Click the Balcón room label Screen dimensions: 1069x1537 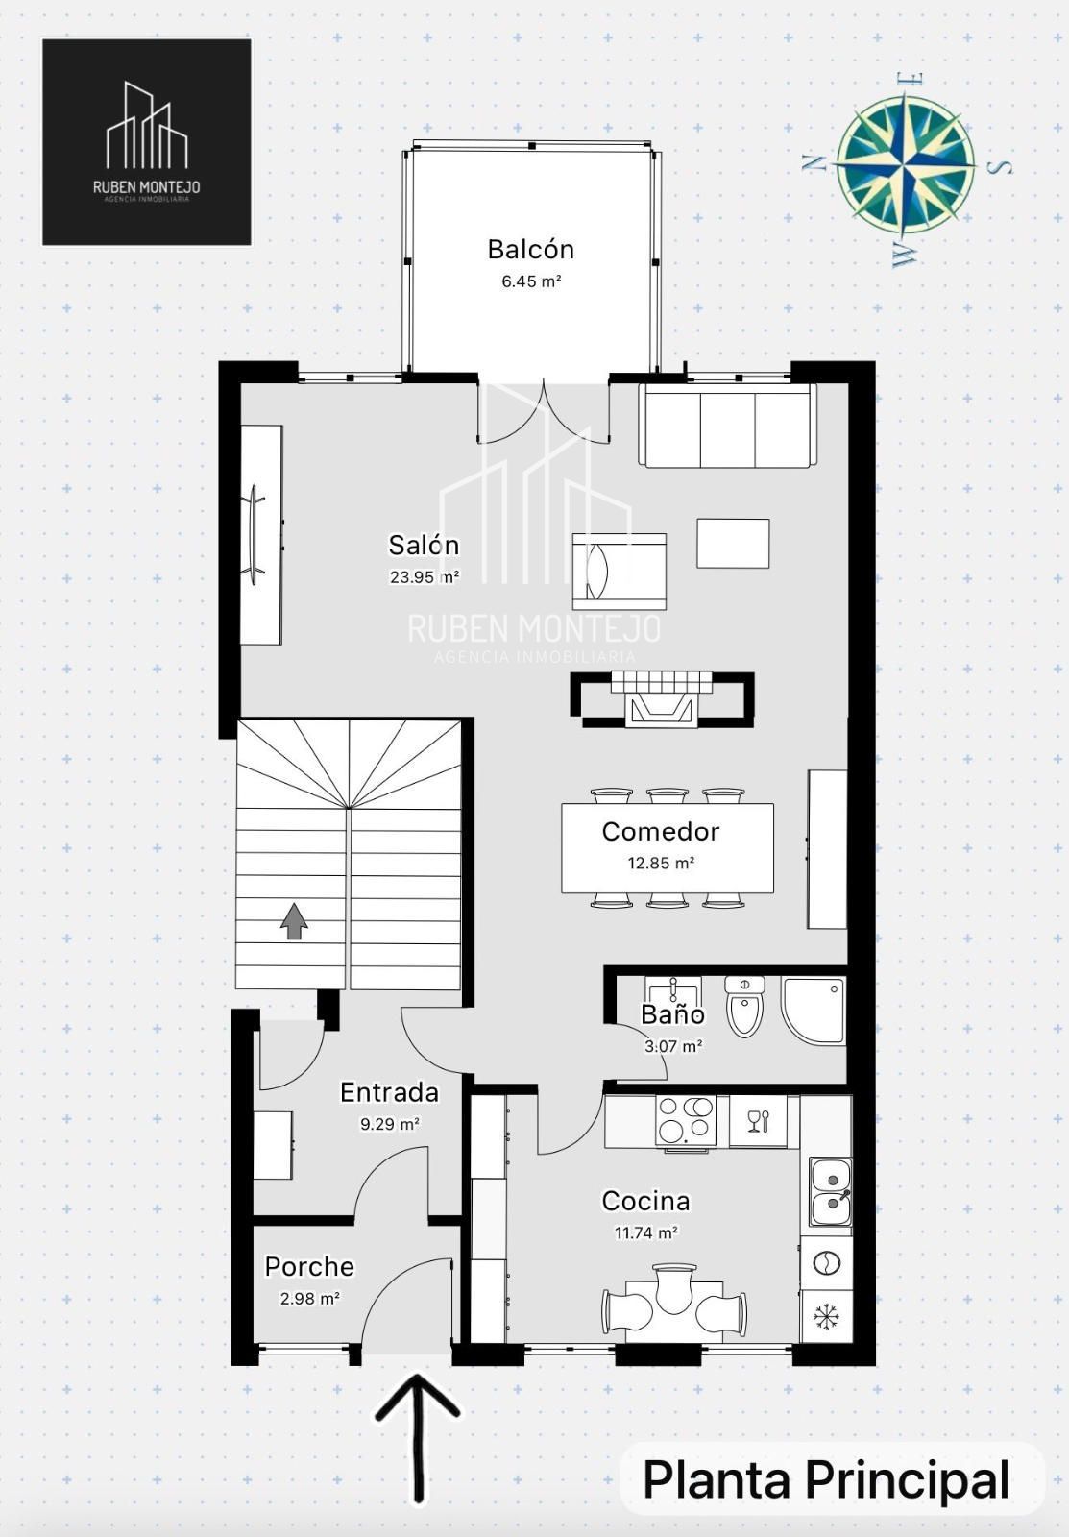tap(530, 249)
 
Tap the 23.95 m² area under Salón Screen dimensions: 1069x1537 tap(424, 577)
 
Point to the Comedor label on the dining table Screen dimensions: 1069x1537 tap(660, 832)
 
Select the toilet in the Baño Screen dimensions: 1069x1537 tap(744, 1007)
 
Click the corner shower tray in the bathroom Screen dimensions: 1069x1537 tap(814, 1012)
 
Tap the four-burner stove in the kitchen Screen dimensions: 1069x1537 tap(685, 1120)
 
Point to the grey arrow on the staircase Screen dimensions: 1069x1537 tap(294, 920)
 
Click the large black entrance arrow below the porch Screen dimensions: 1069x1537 tap(417, 1427)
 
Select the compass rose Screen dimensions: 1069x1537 tap(905, 163)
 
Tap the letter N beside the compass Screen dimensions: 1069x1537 tap(813, 163)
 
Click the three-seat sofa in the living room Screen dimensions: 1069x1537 tap(727, 426)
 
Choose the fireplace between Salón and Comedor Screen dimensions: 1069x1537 tap(662, 699)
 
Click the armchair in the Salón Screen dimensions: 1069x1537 tap(620, 572)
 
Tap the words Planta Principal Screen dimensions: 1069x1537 tap(826, 1479)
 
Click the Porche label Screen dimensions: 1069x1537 tap(309, 1267)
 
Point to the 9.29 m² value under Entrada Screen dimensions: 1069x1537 tap(390, 1124)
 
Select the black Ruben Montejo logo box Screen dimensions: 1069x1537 tap(147, 142)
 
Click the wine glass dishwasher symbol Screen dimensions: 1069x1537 tap(758, 1121)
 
